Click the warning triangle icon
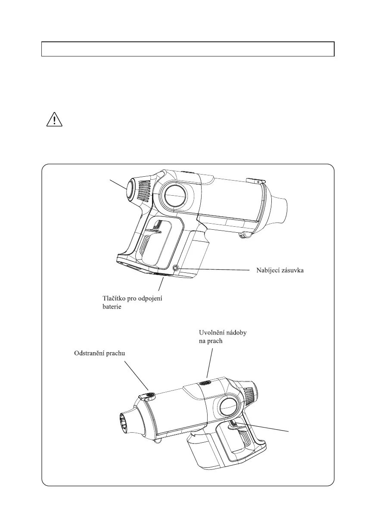[54, 120]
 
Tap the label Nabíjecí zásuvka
[280, 270]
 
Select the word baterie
[112, 306]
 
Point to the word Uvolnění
[211, 333]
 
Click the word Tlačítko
[114, 298]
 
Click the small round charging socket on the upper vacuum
[175, 268]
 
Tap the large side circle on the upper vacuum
[175, 196]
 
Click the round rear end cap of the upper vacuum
[130, 190]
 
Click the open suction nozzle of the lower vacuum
[126, 424]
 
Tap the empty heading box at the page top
[188, 49]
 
